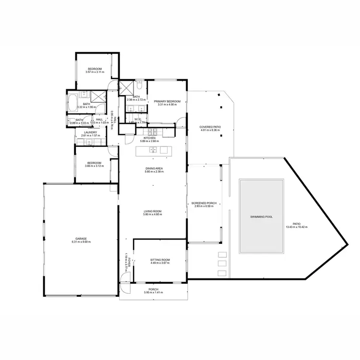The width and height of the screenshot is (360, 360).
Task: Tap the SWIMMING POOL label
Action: [262, 217]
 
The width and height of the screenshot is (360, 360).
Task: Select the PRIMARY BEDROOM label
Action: [167, 101]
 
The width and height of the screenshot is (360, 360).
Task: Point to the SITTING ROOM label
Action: [160, 260]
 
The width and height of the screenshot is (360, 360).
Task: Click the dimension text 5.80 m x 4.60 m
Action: [153, 215]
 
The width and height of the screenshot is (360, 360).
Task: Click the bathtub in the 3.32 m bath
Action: [72, 102]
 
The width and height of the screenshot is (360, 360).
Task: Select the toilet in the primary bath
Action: [139, 87]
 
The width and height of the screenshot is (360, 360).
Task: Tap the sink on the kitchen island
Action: [154, 150]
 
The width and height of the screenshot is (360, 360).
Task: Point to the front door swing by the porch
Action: [124, 288]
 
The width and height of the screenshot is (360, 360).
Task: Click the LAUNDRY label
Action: [90, 132]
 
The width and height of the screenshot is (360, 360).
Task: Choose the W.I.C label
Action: [137, 120]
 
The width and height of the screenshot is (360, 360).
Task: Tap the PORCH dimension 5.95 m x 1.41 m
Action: [154, 293]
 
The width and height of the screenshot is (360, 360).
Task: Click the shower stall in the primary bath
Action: [126, 87]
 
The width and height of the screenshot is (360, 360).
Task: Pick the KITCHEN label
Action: [149, 138]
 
